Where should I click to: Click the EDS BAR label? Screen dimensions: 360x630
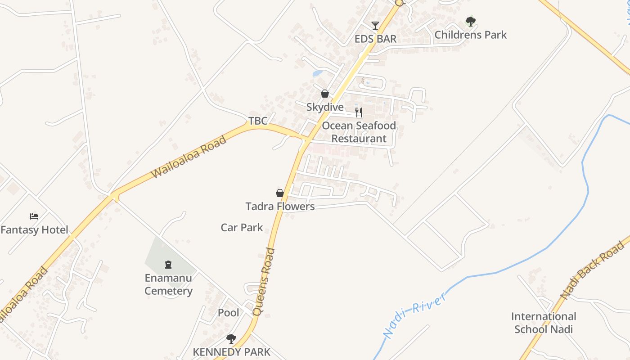375,39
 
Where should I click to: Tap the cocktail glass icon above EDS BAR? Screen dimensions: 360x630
375,26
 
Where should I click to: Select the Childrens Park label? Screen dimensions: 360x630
470,35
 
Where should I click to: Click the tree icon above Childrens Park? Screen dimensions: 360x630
470,21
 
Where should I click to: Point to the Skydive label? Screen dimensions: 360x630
325,107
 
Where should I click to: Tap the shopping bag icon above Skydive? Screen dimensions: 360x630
325,94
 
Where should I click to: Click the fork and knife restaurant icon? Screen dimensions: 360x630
359,112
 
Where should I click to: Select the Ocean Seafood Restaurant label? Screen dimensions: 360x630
359,132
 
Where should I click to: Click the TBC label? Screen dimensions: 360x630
258,121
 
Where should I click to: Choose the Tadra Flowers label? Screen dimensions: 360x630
280,207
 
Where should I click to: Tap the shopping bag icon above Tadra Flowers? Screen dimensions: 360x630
280,193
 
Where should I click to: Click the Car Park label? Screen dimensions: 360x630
242,228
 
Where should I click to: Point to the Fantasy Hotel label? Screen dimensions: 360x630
34,230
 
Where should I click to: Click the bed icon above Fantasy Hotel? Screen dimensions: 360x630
34,216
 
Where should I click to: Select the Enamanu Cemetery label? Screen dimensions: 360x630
168,284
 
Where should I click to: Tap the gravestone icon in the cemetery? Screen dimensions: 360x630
168,265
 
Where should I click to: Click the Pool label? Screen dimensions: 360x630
229,313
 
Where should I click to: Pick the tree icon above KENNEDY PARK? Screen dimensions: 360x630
231,339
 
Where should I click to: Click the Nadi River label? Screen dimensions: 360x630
414,314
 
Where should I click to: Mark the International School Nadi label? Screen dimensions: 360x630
544,323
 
